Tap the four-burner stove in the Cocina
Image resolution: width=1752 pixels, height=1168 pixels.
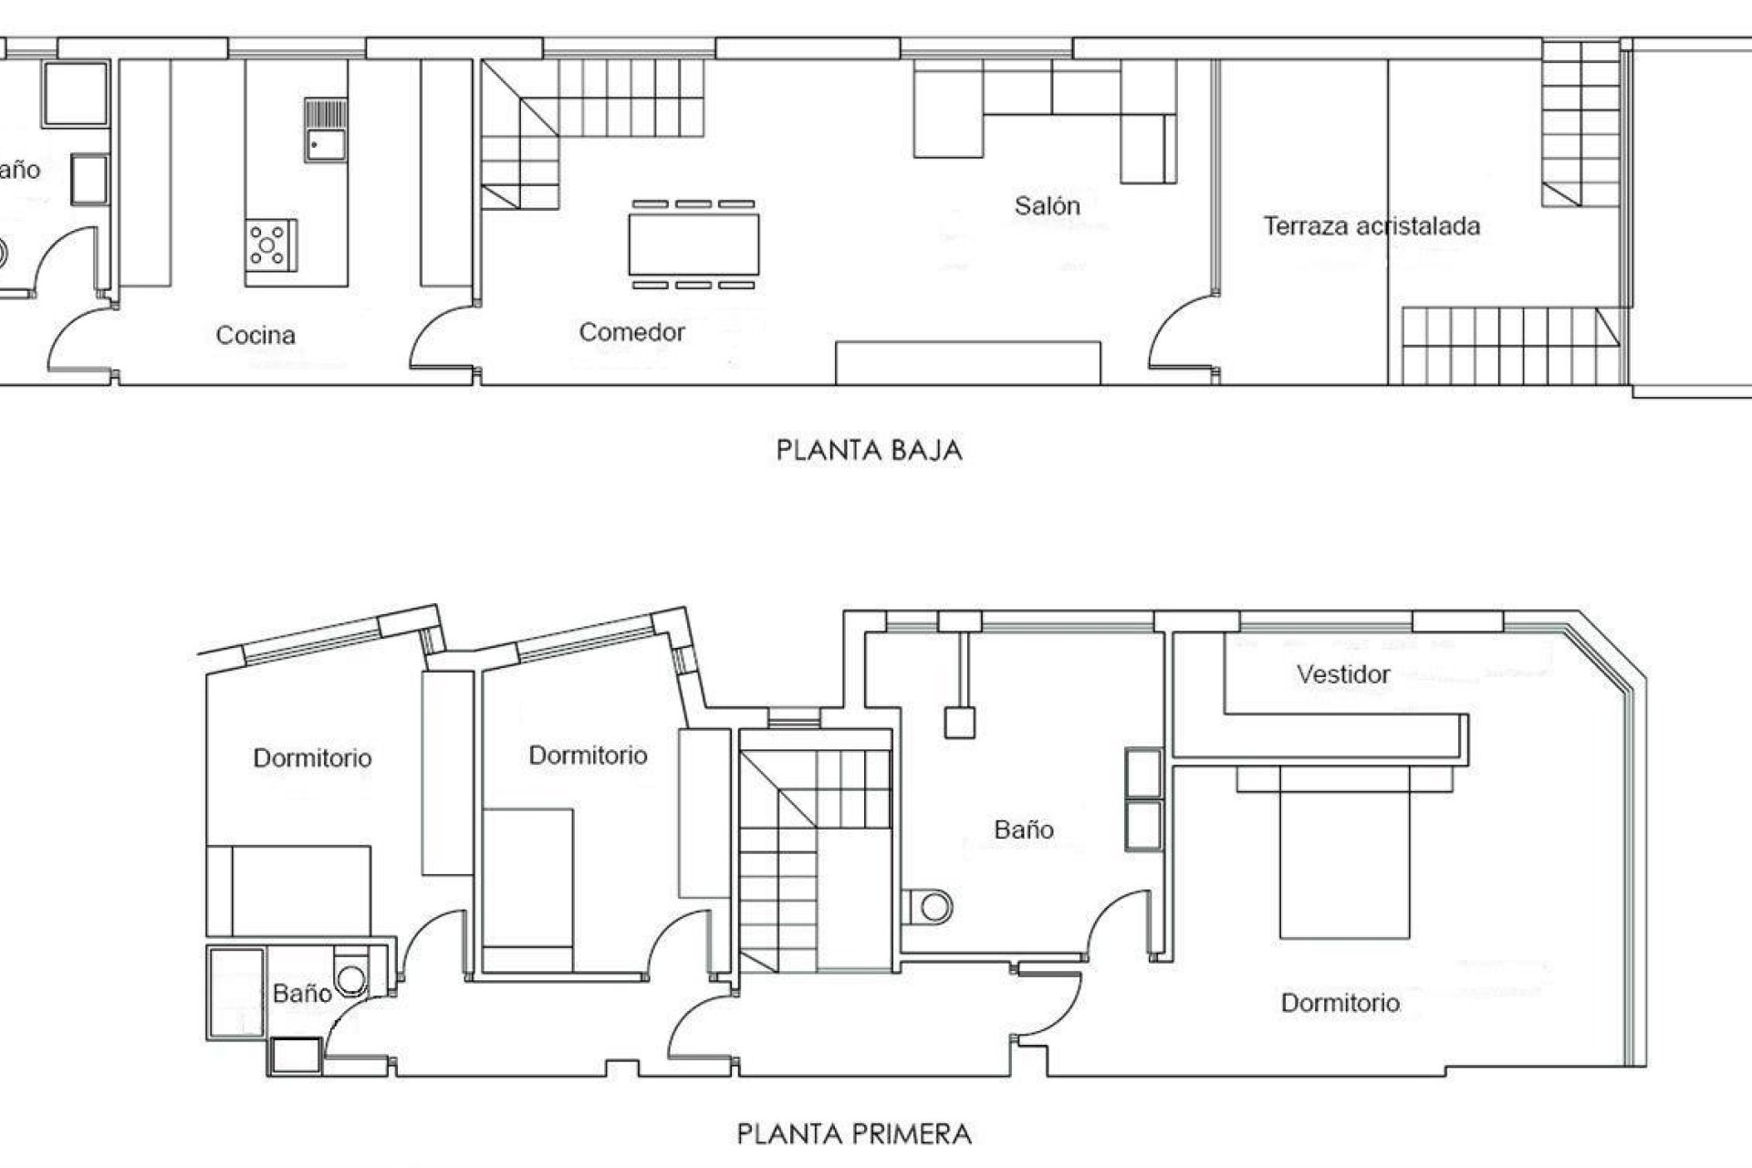[270, 245]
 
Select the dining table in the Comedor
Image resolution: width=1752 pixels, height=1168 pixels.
[693, 245]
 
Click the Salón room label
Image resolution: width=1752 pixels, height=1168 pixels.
[1047, 206]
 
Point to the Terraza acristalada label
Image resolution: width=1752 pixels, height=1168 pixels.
[1371, 226]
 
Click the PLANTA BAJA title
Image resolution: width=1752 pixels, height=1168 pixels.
[869, 451]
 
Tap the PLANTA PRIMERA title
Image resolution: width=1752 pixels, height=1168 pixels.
[854, 1134]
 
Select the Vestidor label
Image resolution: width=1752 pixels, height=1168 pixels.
[1343, 675]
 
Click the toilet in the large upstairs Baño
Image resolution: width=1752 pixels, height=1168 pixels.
[933, 907]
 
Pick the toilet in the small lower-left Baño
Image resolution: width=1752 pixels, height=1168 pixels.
[350, 978]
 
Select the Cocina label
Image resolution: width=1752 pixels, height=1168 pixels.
[255, 336]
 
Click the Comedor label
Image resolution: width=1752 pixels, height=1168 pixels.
[631, 332]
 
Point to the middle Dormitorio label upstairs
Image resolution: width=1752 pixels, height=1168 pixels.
[588, 756]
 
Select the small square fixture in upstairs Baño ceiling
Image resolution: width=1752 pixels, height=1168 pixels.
[958, 723]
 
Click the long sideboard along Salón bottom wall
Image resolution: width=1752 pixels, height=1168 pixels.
[967, 363]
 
